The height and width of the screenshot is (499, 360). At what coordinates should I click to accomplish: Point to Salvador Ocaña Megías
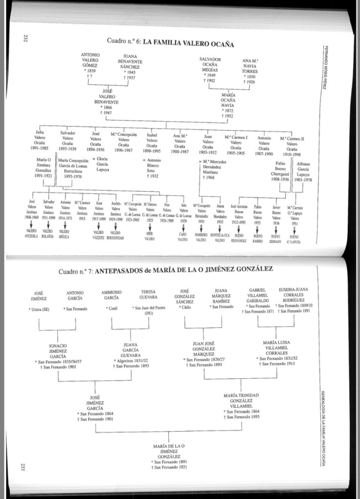[210, 67]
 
